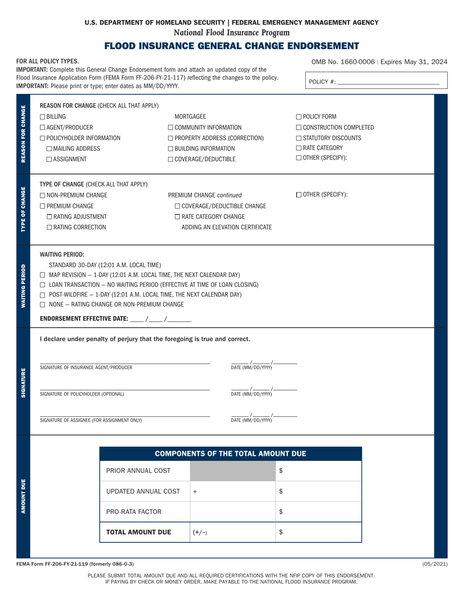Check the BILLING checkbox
pos(42,117)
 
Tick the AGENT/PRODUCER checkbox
pos(42,128)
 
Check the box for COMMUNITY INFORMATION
pos(170,128)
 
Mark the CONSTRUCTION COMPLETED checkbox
pos(299,128)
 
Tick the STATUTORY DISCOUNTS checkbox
pos(299,138)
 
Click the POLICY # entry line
pos(388,82)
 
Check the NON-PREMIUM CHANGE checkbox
pos(42,195)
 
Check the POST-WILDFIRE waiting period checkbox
pos(43,295)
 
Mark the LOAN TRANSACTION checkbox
pos(43,285)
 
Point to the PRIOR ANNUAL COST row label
pos(138,471)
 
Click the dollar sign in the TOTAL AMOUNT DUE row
pos(281,533)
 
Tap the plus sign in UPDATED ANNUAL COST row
pos(195,492)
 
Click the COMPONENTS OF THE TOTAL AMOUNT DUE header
pos(231,454)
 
